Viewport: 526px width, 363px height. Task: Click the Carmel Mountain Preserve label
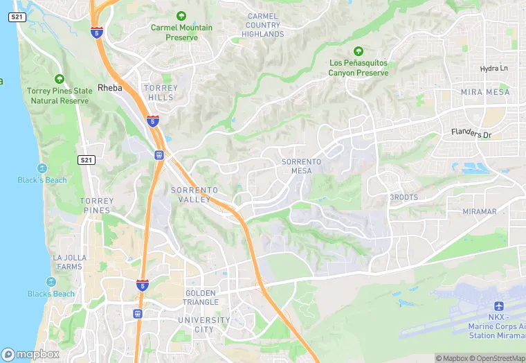(181, 33)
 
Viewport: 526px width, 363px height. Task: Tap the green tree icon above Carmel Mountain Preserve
(181, 15)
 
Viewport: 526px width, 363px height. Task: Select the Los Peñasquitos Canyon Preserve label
(358, 68)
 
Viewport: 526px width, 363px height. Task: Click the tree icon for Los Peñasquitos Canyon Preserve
(358, 51)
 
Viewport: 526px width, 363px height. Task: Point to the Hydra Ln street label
(493, 69)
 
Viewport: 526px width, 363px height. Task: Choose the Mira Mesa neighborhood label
(485, 92)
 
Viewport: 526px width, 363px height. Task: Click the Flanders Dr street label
(471, 133)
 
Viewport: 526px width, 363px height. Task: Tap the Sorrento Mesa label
(301, 166)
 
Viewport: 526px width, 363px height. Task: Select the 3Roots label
(403, 197)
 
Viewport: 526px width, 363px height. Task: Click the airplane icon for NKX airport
(498, 306)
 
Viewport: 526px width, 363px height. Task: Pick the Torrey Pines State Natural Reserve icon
(59, 79)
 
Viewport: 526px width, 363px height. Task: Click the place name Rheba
(109, 88)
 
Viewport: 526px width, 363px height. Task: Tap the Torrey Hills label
(160, 93)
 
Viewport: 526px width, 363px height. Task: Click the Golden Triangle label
(201, 298)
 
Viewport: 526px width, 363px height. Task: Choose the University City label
(203, 324)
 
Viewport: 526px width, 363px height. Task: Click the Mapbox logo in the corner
(30, 354)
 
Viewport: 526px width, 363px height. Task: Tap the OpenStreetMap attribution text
(498, 358)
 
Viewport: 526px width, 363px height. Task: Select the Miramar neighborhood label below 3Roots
(480, 211)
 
